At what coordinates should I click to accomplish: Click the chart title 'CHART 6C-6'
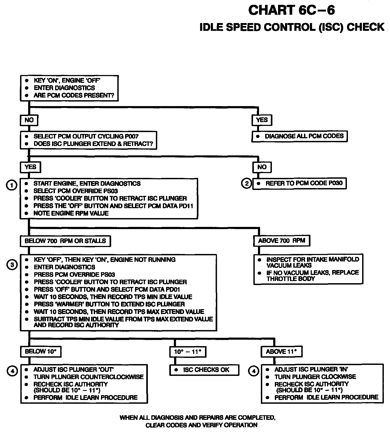coord(291,11)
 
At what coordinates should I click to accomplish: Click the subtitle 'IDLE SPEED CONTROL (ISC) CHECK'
coord(292,27)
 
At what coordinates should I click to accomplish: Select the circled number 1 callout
coord(12,185)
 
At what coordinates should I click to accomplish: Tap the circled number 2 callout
coord(247,184)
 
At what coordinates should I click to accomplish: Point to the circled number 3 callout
coord(12,265)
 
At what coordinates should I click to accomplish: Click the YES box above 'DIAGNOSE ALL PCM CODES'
coord(262,120)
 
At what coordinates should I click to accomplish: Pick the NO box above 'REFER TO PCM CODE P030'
coord(262,167)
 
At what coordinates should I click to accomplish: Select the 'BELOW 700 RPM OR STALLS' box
coord(65,241)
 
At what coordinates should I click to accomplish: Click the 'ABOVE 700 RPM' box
coord(281,241)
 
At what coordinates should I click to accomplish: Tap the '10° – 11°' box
coord(187,352)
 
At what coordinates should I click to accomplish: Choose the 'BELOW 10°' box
coord(41,351)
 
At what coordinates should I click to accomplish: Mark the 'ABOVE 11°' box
coord(281,351)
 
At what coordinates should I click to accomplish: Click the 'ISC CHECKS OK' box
coord(204,370)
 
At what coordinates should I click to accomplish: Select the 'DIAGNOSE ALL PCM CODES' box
coord(299,136)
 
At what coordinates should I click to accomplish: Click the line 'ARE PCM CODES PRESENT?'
coord(74,95)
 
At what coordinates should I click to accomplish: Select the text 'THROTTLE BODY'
coord(291,279)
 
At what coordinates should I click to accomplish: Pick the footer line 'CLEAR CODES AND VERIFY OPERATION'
coord(201,425)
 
